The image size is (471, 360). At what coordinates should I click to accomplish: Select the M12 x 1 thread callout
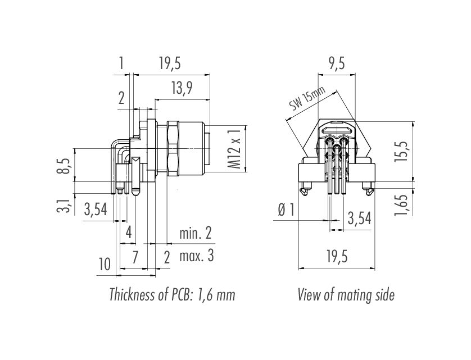pyautogui.click(x=235, y=149)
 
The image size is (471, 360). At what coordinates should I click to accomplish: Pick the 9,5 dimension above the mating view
pyautogui.click(x=337, y=64)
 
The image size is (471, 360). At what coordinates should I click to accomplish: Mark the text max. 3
pyautogui.click(x=196, y=257)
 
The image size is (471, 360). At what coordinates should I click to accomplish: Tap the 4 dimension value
pyautogui.click(x=129, y=232)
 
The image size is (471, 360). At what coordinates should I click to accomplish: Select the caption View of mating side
pyautogui.click(x=346, y=295)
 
